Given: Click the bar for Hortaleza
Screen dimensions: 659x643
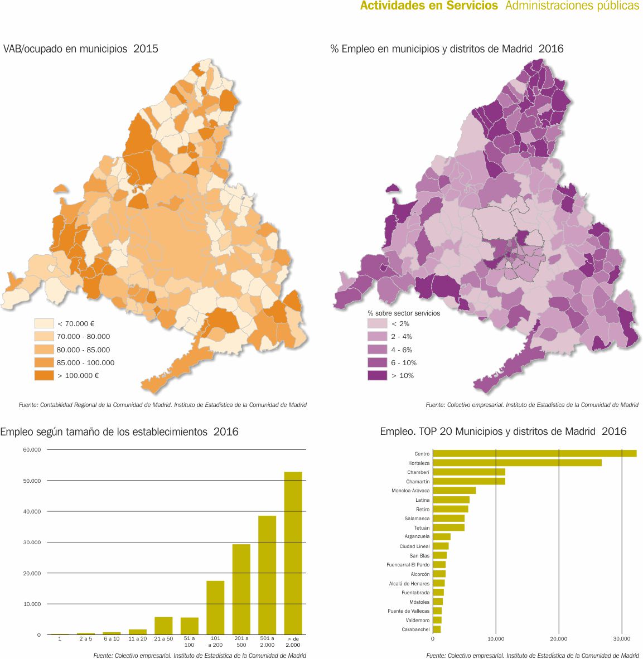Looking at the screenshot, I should pos(517,463).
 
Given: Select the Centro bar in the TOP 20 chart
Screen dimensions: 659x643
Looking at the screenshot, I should pos(534,453).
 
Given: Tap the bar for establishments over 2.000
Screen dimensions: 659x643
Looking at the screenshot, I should pos(293,553).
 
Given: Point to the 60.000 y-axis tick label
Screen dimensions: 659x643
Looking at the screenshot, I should pos(32,449).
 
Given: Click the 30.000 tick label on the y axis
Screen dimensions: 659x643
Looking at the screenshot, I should pos(32,542).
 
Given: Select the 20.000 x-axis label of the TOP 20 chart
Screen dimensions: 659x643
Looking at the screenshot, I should pos(559,639).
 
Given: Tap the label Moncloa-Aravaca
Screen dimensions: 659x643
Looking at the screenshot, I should pos(410,491).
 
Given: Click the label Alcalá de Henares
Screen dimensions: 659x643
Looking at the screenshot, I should pos(409,584).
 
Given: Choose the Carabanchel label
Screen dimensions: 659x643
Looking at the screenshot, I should pos(415,629).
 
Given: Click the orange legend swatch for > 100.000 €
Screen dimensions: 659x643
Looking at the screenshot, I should pos(43,376).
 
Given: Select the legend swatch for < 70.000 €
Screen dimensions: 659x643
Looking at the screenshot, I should pos(43,323).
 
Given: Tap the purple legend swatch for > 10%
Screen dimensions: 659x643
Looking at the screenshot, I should pos(377,376).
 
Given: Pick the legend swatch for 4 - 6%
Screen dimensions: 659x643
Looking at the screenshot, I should pos(377,350).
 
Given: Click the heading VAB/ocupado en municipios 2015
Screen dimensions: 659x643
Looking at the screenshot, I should pos(81,49).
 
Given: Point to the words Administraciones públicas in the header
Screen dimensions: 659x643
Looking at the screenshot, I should pos(572,6).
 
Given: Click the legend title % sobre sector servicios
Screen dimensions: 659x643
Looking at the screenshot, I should pos(404,313).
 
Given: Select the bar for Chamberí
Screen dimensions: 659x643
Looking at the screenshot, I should pos(469,472).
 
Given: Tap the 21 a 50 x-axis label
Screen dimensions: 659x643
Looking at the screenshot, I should pos(163,639).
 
